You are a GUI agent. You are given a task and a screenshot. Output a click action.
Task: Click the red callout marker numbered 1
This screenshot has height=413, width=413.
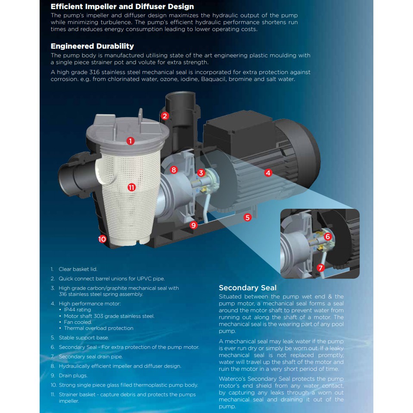(130, 141)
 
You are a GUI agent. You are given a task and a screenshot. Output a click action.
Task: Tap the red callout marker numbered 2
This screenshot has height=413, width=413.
(165, 116)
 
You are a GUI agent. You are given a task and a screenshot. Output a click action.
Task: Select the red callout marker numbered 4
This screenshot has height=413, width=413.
(268, 173)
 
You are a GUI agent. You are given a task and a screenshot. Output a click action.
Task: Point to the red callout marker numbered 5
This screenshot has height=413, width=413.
(247, 217)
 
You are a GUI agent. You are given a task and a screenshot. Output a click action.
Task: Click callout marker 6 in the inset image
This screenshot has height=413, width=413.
(328, 236)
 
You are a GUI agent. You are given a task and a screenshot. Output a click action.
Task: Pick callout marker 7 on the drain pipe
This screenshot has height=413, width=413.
(320, 268)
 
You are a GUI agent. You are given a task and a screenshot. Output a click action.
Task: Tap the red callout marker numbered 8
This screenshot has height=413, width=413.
(174, 170)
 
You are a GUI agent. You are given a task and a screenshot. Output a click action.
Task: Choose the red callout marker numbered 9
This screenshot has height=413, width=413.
(194, 225)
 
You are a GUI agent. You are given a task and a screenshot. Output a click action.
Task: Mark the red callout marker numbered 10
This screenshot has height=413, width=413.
(102, 239)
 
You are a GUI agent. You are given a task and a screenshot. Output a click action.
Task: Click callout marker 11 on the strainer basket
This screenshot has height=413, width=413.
(132, 187)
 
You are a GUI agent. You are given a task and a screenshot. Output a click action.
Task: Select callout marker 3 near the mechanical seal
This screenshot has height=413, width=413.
(201, 173)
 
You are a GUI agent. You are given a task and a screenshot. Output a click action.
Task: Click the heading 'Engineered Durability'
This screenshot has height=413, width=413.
(92, 46)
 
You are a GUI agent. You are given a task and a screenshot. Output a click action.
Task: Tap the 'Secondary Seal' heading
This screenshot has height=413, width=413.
(248, 288)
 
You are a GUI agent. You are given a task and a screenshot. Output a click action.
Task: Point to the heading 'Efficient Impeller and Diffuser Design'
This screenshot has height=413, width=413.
(122, 6)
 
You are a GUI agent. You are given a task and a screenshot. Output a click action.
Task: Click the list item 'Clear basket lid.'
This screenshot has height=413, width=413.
(78, 269)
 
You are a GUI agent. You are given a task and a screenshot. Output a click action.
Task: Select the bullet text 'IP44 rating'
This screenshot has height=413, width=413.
(78, 310)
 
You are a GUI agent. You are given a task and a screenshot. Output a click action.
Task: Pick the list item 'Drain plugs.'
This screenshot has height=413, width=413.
(73, 376)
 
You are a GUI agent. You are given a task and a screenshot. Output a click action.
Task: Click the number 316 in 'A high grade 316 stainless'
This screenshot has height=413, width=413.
(95, 72)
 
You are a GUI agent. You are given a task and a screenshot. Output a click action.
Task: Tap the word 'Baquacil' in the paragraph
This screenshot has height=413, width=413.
(213, 79)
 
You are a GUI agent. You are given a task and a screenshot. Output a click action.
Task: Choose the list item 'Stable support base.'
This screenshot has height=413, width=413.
(84, 338)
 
